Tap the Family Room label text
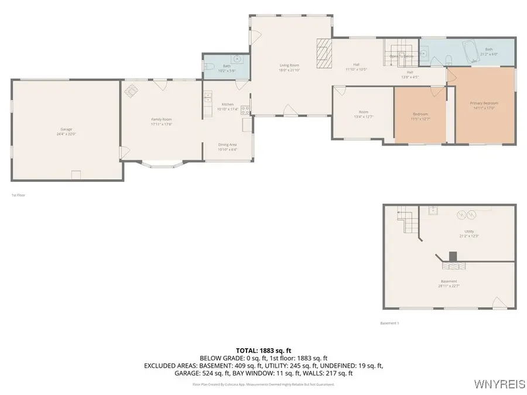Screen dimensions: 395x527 (161, 119)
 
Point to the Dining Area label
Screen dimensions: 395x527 (227, 145)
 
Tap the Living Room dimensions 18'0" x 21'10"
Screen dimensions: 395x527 (289, 70)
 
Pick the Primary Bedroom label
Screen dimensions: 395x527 (484, 103)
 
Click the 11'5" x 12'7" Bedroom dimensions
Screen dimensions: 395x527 (420, 119)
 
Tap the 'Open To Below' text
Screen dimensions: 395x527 (402, 56)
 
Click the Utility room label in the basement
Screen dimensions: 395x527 (468, 231)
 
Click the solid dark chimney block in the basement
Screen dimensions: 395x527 (452, 257)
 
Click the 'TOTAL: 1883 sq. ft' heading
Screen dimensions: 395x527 (263, 350)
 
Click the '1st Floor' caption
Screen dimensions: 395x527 (18, 195)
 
